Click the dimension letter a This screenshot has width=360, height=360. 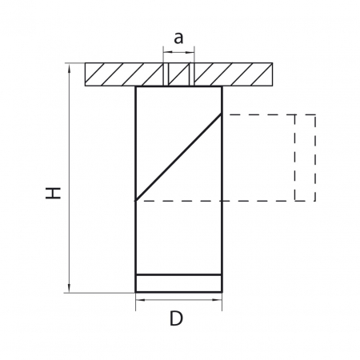tap(178, 38)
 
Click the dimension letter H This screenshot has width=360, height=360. tap(54, 193)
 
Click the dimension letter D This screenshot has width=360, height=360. tap(176, 318)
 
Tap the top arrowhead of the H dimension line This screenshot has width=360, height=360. tap(70, 67)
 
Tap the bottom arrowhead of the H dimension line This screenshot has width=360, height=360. tap(70, 289)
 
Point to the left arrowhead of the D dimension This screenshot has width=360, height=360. tap(140, 300)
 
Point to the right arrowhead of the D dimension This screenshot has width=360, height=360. tap(217, 300)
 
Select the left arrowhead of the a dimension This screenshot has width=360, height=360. tap(167, 52)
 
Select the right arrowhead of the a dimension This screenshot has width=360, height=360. tap(190, 52)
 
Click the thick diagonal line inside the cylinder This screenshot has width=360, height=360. tap(178, 157)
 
